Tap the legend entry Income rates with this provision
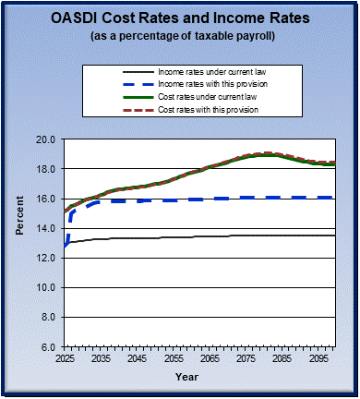(x=208, y=84)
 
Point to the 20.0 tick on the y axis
(x=47, y=139)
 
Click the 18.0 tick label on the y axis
(x=47, y=169)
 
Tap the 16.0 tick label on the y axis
(x=47, y=199)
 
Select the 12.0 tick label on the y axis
(x=47, y=258)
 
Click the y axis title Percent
(x=18, y=243)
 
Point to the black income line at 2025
(x=66, y=243)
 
